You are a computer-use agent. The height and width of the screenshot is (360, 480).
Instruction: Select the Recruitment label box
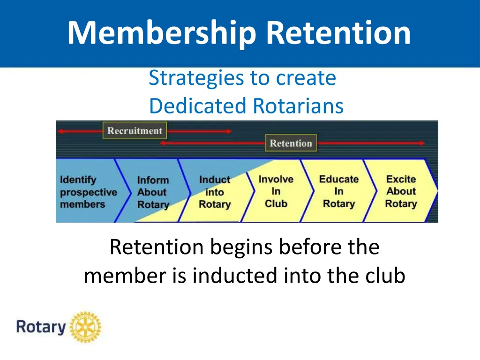click(x=135, y=131)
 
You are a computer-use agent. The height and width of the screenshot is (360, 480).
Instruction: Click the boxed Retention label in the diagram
click(x=291, y=143)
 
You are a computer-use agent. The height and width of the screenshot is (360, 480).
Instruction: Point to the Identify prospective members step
click(x=88, y=192)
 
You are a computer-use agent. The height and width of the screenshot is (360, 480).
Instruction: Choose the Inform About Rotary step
click(x=152, y=192)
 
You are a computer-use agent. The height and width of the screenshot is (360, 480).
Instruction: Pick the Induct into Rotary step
click(x=215, y=192)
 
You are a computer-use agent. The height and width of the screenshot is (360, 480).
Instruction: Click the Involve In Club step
click(x=276, y=191)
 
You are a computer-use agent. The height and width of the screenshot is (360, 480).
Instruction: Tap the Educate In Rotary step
click(x=338, y=191)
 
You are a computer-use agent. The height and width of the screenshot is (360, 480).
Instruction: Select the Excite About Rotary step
click(x=401, y=191)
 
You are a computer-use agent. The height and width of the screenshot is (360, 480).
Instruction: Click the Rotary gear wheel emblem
click(x=85, y=327)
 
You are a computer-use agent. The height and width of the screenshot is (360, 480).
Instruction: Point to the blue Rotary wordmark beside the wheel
click(x=41, y=326)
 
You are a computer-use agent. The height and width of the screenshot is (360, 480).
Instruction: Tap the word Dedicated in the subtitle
click(x=198, y=106)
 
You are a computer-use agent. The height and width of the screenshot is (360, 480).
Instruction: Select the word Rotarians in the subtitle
click(x=298, y=106)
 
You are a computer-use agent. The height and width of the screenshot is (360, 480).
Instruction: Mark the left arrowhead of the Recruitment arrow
click(x=60, y=131)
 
